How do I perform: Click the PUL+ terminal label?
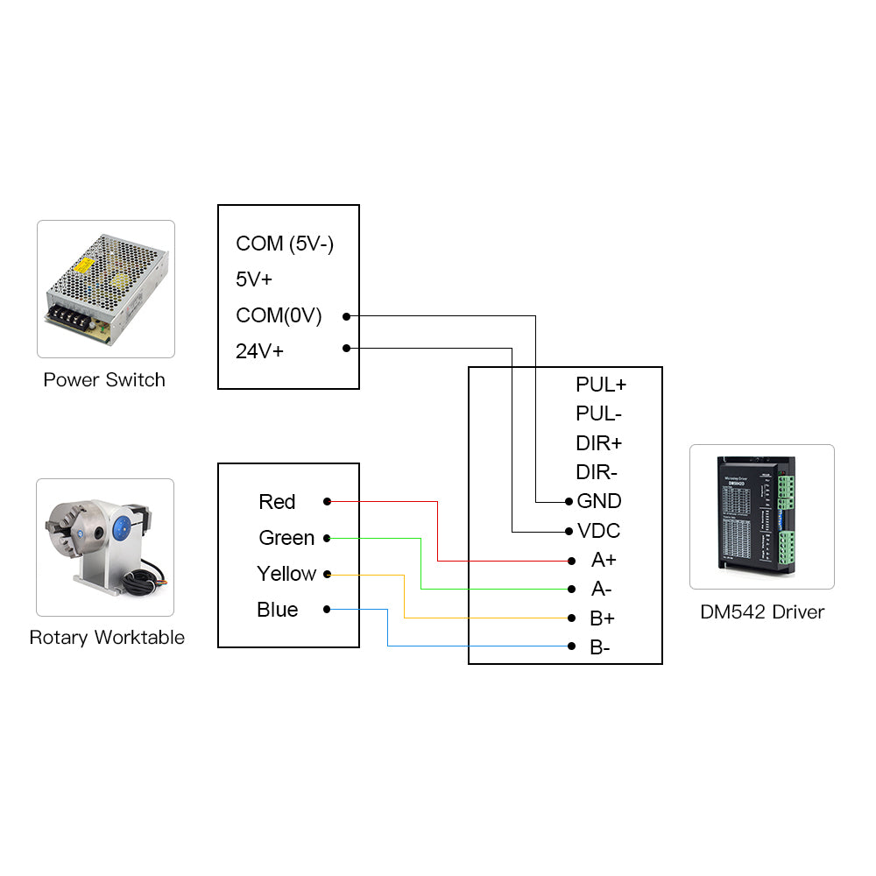coord(601,384)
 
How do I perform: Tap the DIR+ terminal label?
coord(598,442)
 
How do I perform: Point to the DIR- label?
coord(597,472)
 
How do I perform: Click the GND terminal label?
coord(599,501)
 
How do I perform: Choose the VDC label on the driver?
coord(599,531)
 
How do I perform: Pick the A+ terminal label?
coord(604,560)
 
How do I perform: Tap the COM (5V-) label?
coord(285,244)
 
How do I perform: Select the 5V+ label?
coord(254,279)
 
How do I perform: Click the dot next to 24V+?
coord(347,348)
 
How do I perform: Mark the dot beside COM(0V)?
coord(347,315)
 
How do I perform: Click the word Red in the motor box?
coord(277,502)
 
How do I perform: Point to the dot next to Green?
coord(327,538)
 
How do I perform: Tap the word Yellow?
coord(286,574)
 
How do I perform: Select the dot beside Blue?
coord(327,609)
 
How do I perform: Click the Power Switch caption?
coord(104,380)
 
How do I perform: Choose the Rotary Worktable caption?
coord(107,637)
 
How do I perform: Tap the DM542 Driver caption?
coord(762,611)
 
